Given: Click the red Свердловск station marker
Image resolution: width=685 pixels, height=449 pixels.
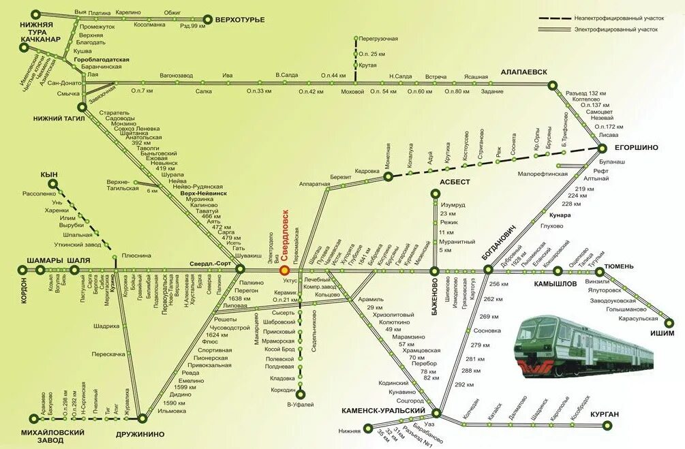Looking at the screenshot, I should coord(284,270).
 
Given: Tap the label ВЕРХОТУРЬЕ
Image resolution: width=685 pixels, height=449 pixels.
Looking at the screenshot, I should coord(239,19).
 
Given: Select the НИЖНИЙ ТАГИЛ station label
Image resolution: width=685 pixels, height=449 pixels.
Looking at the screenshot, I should coord(59,118).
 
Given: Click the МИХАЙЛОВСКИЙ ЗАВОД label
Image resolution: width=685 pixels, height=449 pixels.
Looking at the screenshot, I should coord(52,436).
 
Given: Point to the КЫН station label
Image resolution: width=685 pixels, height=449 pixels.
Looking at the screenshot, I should coord(49,175).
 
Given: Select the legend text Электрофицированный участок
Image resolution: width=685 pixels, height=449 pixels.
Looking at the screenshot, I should coord(616,30).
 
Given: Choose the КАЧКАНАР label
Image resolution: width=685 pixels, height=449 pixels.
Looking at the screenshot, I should coord(41,40).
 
